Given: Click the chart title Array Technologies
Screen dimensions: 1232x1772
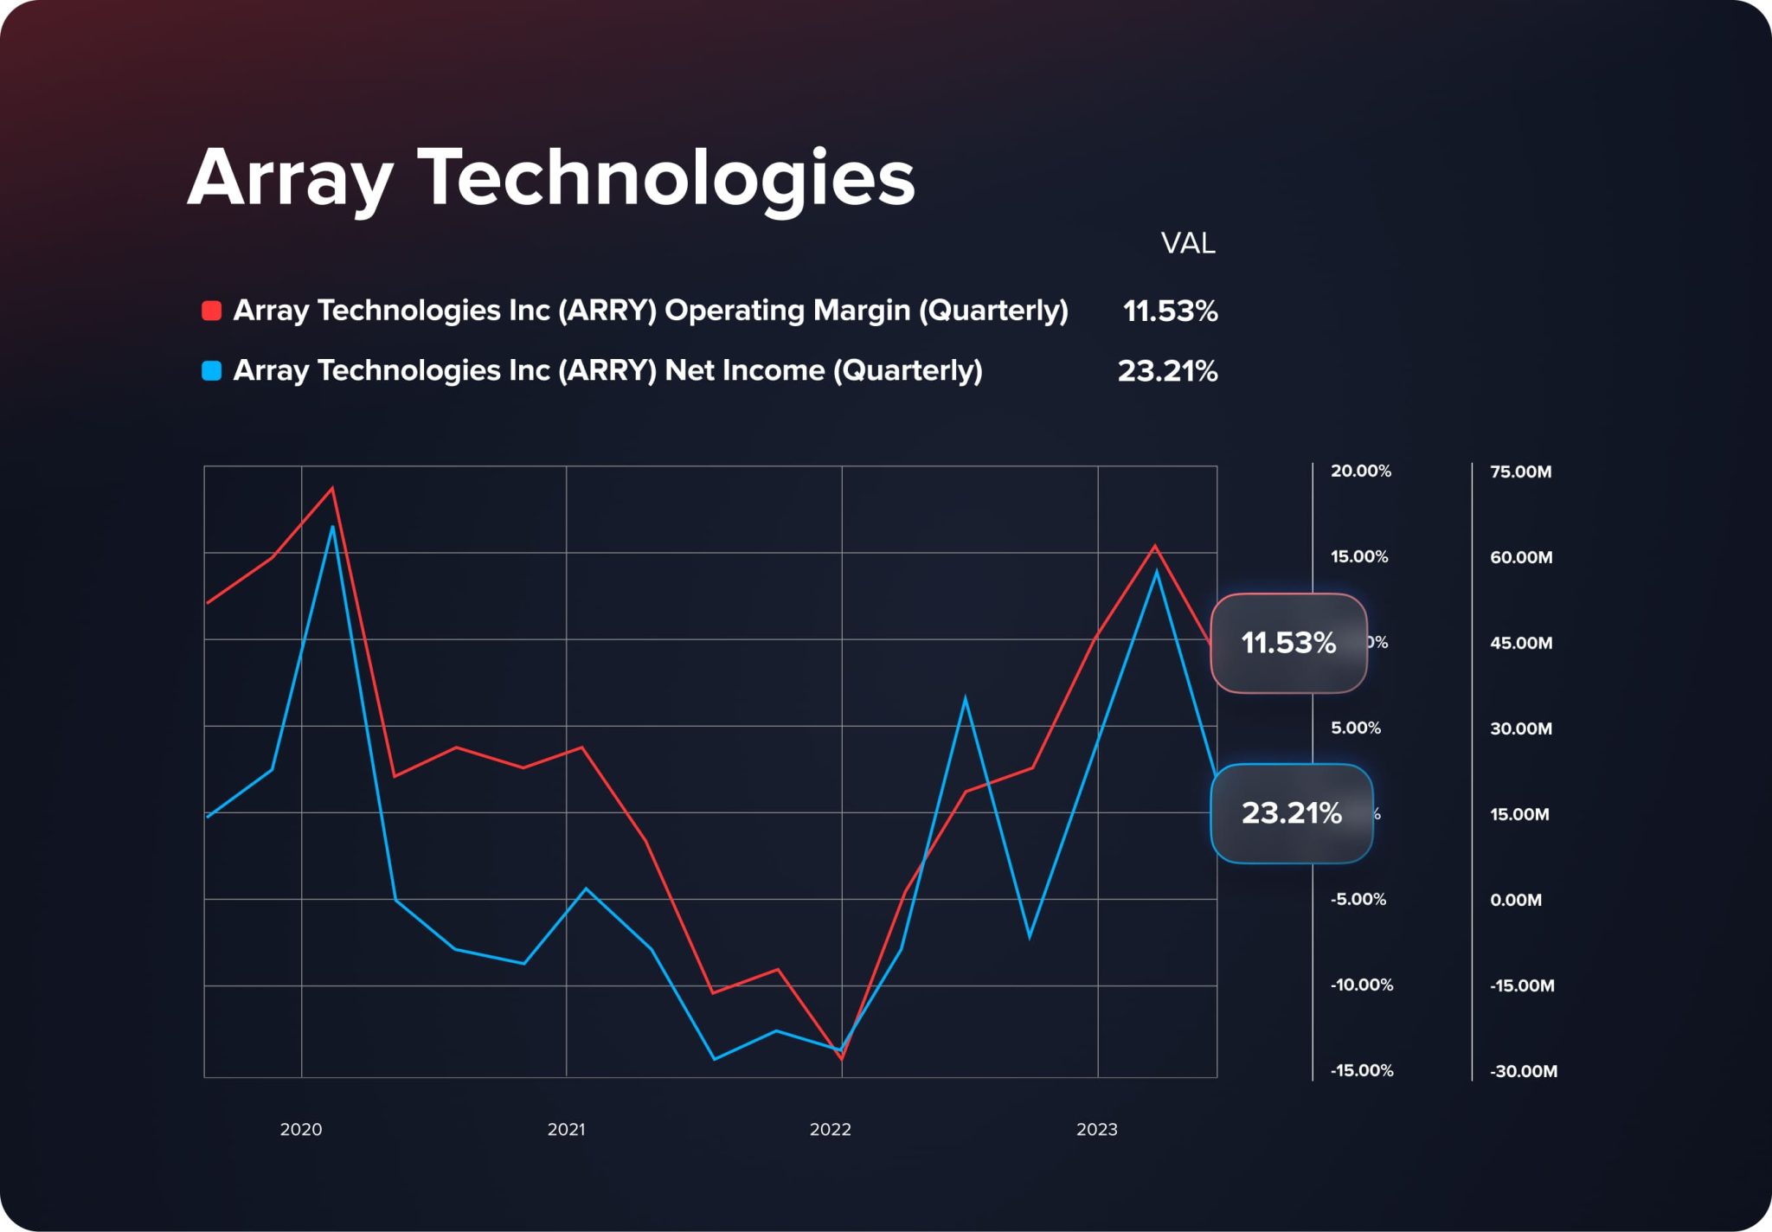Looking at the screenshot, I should (551, 178).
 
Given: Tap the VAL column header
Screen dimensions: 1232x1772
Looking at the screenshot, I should (1187, 244).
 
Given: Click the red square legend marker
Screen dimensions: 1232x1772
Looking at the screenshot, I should (211, 311).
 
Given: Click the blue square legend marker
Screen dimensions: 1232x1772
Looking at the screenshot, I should (211, 371).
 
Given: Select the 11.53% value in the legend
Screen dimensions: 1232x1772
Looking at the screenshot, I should (1170, 311).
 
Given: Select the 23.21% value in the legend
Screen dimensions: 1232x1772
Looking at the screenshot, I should (1167, 371).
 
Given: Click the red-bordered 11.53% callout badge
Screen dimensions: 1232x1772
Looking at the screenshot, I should (1287, 643).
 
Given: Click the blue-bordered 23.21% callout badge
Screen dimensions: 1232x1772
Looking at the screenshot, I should (1291, 813).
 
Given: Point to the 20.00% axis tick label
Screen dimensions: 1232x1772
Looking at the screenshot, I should (1360, 472).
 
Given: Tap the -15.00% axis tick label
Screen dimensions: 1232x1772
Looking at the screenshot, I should (1361, 1071).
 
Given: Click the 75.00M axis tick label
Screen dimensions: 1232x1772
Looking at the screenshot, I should (1520, 472).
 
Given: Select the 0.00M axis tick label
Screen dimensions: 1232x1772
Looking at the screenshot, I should (1515, 901).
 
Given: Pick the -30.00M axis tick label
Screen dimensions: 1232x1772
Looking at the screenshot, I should (1523, 1072).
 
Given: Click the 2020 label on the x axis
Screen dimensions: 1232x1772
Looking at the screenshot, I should (301, 1130).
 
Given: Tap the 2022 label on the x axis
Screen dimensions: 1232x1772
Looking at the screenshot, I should (830, 1130).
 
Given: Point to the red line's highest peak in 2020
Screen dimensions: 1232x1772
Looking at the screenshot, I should (332, 489).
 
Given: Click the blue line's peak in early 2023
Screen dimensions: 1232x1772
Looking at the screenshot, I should (1157, 572).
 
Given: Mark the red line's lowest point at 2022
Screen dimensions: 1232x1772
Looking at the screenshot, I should (842, 1058).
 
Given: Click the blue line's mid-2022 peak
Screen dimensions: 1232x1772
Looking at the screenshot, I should (965, 698).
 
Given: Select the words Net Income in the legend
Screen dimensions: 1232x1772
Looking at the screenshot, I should (744, 371).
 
